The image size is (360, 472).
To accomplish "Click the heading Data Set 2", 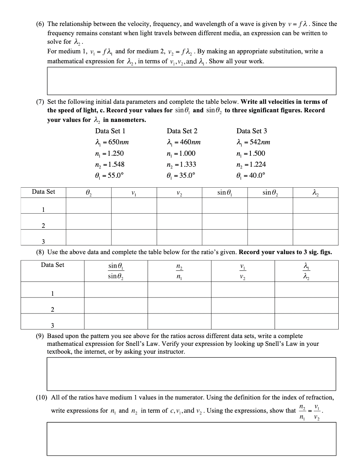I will tap(182, 131).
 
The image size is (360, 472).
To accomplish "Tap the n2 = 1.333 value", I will tap(182, 164).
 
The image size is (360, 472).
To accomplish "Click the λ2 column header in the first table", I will tap(315, 192).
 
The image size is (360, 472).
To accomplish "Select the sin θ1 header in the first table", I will tap(224, 192).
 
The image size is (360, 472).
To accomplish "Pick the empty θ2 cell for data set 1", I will tap(89, 205).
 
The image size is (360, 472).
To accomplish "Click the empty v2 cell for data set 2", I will tap(179, 221).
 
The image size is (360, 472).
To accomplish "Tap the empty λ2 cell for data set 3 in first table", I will tap(315, 237).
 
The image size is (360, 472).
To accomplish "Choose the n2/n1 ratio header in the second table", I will tap(179, 271).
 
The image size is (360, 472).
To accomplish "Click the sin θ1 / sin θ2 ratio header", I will tap(116, 271).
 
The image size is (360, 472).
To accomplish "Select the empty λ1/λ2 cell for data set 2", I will tap(306, 305).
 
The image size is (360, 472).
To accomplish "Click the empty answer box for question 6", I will tap(191, 81).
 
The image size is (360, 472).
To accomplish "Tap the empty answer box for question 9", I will tap(191, 374).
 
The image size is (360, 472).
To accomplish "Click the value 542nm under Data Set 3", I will tap(256, 142).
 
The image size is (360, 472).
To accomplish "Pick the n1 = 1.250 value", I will tap(110, 153).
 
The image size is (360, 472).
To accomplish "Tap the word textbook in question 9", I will tap(59, 352).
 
